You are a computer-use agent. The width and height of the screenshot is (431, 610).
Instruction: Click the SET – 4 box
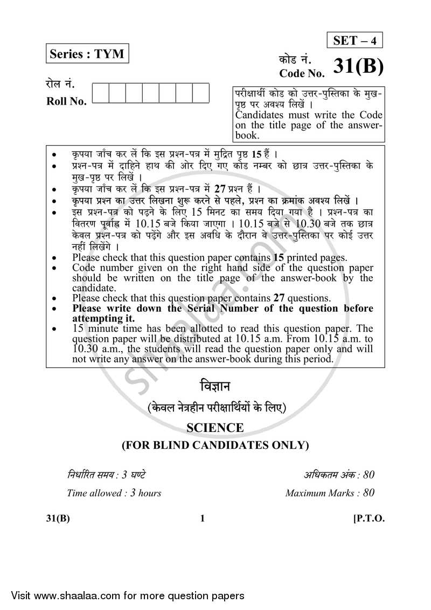[355, 40]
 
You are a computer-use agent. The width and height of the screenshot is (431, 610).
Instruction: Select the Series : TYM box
[87, 54]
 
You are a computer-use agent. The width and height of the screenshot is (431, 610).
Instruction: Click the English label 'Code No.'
[302, 73]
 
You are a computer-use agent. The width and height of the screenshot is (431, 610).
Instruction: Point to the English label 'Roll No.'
[67, 101]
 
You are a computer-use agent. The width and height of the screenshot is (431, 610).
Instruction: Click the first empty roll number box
[101, 93]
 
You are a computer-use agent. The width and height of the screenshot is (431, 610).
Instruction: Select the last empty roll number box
[201, 93]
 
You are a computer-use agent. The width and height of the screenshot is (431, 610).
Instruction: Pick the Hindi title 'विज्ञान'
[215, 388]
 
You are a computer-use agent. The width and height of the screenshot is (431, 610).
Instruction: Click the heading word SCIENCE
[215, 428]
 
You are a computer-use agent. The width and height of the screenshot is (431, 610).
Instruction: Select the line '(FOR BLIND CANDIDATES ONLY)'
[215, 445]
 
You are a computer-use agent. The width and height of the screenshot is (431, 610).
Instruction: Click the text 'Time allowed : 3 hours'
[114, 492]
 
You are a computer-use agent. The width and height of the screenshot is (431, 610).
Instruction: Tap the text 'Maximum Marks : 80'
[330, 492]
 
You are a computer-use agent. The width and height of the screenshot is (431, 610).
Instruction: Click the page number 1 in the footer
[202, 519]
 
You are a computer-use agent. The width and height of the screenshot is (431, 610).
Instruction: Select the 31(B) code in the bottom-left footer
[58, 519]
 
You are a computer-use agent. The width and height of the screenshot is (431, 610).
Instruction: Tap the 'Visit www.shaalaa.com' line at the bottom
[123, 595]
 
